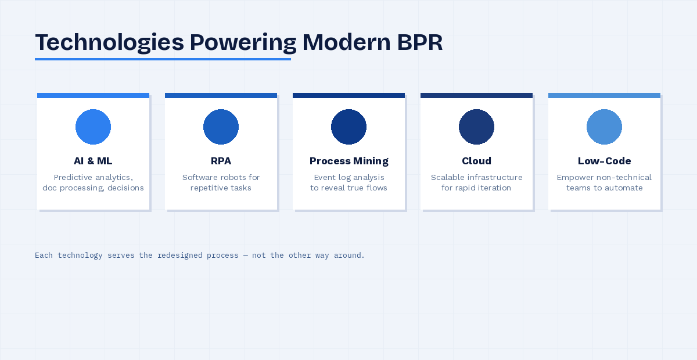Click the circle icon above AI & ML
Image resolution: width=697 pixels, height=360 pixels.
93,127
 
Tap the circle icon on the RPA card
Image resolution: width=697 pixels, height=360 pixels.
221,127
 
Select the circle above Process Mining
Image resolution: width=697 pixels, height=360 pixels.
348,127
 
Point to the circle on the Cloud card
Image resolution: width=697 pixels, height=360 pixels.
476,127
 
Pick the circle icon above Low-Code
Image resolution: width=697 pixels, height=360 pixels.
604,127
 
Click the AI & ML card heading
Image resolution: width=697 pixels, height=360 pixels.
93,161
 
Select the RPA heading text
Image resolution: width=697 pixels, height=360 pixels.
221,161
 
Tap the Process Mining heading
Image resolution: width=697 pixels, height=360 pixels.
348,161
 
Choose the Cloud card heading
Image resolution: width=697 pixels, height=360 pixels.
476,161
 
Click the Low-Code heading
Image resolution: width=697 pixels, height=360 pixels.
604,161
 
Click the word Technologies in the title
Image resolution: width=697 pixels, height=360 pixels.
109,43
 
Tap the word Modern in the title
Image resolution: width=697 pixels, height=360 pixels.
337,43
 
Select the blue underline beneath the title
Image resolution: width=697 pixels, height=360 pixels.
163,59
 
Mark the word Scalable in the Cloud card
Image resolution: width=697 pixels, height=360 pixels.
448,177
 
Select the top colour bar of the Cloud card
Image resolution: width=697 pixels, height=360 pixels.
476,95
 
